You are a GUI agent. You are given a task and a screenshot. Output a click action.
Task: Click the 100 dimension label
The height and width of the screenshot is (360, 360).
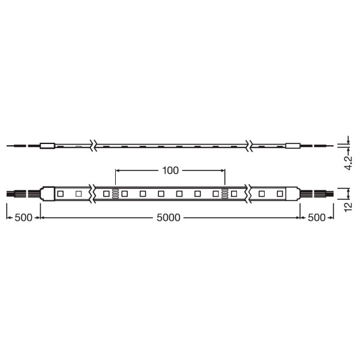tap(170, 170)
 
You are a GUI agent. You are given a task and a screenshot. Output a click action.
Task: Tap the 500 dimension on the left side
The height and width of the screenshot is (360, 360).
tap(23, 218)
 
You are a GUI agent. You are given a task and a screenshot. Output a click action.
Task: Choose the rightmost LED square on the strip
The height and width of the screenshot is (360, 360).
tap(279, 194)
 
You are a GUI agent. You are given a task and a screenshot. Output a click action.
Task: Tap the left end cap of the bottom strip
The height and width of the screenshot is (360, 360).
tap(46, 194)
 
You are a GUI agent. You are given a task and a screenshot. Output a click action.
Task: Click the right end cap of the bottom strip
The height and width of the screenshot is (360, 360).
tap(293, 194)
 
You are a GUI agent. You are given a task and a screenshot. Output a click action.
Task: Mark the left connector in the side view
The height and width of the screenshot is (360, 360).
tap(47, 145)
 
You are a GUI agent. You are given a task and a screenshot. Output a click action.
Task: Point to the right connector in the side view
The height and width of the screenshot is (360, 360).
tap(292, 145)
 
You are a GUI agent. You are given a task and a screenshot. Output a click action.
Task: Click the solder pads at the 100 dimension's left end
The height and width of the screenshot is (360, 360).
tap(115, 194)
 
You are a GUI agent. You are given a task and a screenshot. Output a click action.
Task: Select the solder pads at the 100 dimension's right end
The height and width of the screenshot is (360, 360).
tap(224, 194)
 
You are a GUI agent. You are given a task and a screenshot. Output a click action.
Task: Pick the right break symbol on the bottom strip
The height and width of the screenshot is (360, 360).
tap(248, 194)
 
